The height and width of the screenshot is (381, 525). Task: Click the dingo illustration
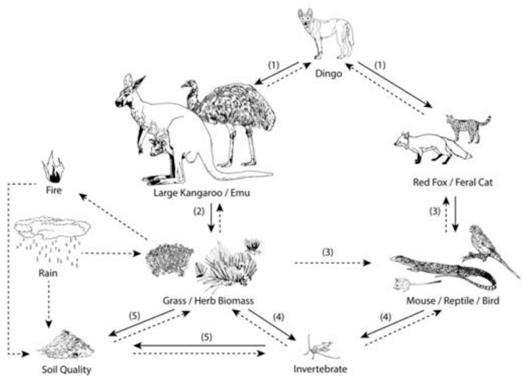[325, 35]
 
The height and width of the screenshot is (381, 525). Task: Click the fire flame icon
[53, 168]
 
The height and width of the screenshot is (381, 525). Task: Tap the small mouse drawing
[402, 284]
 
